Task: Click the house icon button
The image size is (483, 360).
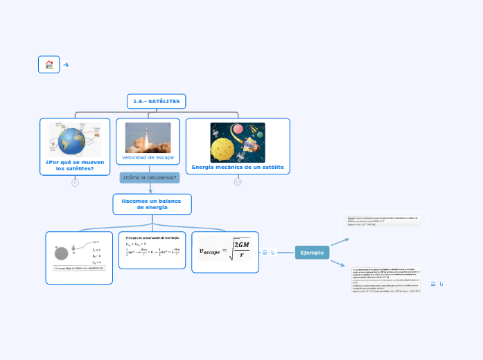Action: [x=49, y=64]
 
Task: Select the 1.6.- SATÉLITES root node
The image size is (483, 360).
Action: [x=156, y=102]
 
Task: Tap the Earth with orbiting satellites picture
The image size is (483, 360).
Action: [x=75, y=141]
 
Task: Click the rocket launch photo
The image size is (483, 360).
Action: [x=148, y=138]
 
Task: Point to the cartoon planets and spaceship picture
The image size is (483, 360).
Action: [x=238, y=143]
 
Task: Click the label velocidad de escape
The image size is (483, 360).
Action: [x=148, y=158]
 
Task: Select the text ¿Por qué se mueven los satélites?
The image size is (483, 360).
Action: [x=75, y=165]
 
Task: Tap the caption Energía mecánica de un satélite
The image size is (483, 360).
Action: [x=238, y=167]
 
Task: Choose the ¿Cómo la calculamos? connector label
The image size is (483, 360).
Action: [x=150, y=178]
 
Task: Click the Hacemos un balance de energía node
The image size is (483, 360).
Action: [x=152, y=204]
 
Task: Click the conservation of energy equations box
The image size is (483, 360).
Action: [x=152, y=250]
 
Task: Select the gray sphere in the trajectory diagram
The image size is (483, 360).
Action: [x=61, y=253]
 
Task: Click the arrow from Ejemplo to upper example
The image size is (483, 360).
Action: [x=340, y=241]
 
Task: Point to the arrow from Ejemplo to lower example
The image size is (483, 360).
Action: [x=338, y=262]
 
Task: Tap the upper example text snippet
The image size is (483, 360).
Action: [x=384, y=221]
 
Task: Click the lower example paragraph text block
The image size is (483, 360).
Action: [x=387, y=280]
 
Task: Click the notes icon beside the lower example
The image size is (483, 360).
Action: [x=433, y=284]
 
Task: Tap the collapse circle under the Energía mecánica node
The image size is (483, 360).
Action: [x=238, y=182]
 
